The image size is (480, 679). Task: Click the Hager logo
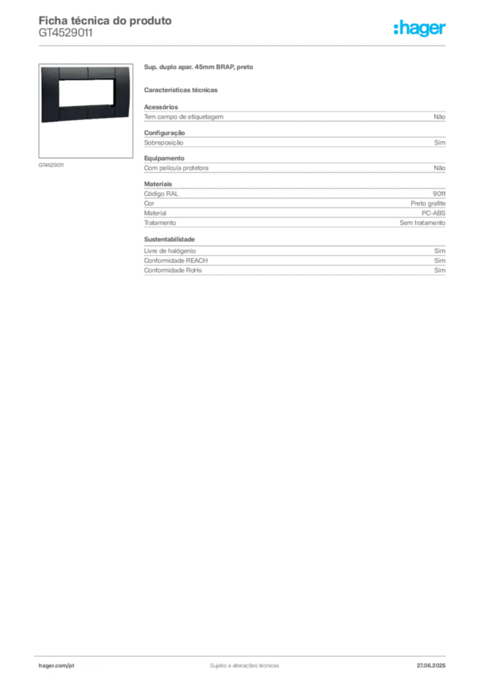pyautogui.click(x=420, y=28)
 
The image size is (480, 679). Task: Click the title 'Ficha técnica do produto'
pyautogui.click(x=105, y=21)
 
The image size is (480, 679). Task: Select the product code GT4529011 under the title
pyautogui.click(x=66, y=33)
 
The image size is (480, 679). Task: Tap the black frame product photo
pyautogui.click(x=86, y=93)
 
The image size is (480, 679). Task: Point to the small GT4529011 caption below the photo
pyautogui.click(x=51, y=165)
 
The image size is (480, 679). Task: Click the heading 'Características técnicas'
pyautogui.click(x=181, y=90)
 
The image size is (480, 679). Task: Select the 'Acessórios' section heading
pyautogui.click(x=161, y=107)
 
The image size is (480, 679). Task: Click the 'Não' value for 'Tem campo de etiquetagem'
pyautogui.click(x=440, y=117)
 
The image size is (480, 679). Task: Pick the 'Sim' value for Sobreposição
pyautogui.click(x=440, y=143)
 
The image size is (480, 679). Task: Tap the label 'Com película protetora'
pyautogui.click(x=176, y=168)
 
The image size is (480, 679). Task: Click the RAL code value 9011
pyautogui.click(x=439, y=194)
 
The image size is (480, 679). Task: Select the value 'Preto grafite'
pyautogui.click(x=428, y=204)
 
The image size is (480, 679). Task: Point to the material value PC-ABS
pyautogui.click(x=433, y=213)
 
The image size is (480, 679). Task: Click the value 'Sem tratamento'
pyautogui.click(x=422, y=223)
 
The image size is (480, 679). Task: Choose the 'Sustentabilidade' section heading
pyautogui.click(x=169, y=239)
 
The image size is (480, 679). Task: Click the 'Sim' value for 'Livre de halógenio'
pyautogui.click(x=440, y=251)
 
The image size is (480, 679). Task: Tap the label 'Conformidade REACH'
pyautogui.click(x=176, y=260)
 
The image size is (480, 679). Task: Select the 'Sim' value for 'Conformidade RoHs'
pyautogui.click(x=440, y=271)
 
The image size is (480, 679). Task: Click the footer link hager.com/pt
pyautogui.click(x=56, y=666)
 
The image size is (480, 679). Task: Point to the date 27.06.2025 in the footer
pyautogui.click(x=431, y=666)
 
